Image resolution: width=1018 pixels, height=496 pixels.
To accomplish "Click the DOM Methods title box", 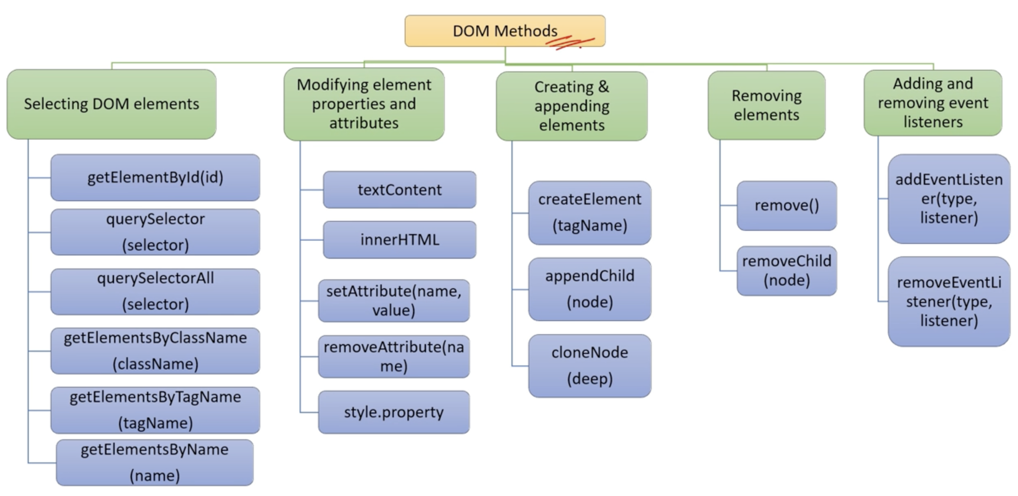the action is pyautogui.click(x=505, y=31).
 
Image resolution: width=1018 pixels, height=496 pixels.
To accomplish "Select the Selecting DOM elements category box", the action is pyautogui.click(x=112, y=104).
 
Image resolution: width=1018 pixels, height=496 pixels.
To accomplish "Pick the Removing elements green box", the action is pyautogui.click(x=766, y=105).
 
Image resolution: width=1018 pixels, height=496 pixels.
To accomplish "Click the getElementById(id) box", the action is pyautogui.click(x=155, y=177).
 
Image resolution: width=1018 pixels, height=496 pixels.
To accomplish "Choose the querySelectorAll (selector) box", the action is pyautogui.click(x=155, y=292).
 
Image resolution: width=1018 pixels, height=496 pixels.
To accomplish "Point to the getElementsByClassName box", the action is pyautogui.click(x=155, y=351).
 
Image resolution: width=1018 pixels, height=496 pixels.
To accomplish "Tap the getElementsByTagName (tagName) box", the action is pyautogui.click(x=155, y=410).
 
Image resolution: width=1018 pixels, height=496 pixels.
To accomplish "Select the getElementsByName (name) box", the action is pyautogui.click(x=155, y=463).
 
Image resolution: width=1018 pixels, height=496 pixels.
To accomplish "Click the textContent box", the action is pyautogui.click(x=400, y=190).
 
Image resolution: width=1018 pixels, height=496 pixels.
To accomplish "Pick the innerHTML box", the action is pyautogui.click(x=400, y=240).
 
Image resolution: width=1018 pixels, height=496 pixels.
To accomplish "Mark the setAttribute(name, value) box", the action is pyautogui.click(x=394, y=301).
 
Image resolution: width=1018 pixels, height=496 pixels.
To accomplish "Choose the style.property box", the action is pyautogui.click(x=394, y=412).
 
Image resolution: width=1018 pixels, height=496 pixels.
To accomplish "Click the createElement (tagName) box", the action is pyautogui.click(x=590, y=213).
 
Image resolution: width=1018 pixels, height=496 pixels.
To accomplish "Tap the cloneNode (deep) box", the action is pyautogui.click(x=590, y=366).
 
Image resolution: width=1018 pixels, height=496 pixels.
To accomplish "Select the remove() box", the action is pyautogui.click(x=787, y=205).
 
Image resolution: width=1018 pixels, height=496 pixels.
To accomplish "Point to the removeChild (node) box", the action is pyautogui.click(x=787, y=271).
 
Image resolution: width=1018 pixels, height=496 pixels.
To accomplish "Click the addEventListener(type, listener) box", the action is pyautogui.click(x=949, y=199).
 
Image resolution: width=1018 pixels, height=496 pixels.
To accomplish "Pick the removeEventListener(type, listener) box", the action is pyautogui.click(x=949, y=301).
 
